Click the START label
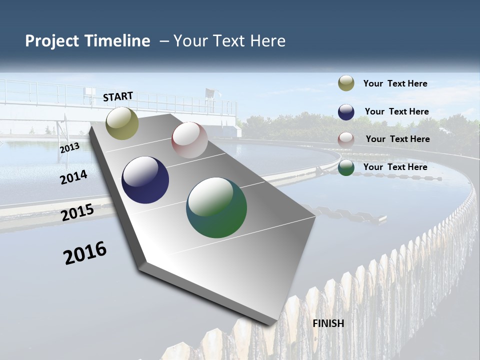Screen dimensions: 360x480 coord(118,96)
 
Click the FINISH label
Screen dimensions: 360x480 coord(328,323)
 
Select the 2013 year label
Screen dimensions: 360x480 coord(70,148)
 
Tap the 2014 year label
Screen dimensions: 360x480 coord(74,177)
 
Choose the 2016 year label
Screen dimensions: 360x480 coord(85,252)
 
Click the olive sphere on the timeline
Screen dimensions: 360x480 coord(122,123)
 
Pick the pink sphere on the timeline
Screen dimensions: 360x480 coord(189,140)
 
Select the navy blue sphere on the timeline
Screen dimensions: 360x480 coord(145,180)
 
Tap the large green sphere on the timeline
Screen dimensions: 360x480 coord(216,207)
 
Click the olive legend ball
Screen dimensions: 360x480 coord(346,83)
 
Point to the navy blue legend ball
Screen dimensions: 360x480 coord(346,112)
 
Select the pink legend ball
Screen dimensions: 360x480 coord(346,140)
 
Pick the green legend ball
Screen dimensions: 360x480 coord(346,168)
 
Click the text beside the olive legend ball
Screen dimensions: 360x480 coord(395,83)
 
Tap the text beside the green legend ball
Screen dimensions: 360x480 coord(395,167)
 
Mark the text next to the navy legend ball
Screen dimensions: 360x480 coord(396,111)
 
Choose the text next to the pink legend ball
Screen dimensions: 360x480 coord(397,139)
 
